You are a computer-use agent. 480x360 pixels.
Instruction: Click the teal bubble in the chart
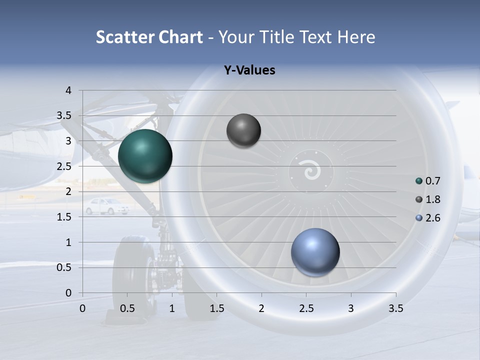coord(145,156)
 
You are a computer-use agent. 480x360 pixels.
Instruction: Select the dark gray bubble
coord(243,131)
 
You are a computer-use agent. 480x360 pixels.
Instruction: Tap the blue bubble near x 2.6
coord(315,252)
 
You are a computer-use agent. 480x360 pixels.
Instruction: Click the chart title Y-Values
coord(249,70)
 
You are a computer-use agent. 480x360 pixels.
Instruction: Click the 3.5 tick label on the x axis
coord(395,308)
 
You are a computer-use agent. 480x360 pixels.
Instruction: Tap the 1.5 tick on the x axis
coord(216,308)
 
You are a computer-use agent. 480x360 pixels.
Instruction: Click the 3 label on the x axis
coord(350,308)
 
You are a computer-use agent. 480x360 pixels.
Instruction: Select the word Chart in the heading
coord(179,37)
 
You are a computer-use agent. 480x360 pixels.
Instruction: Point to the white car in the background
coord(106,206)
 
